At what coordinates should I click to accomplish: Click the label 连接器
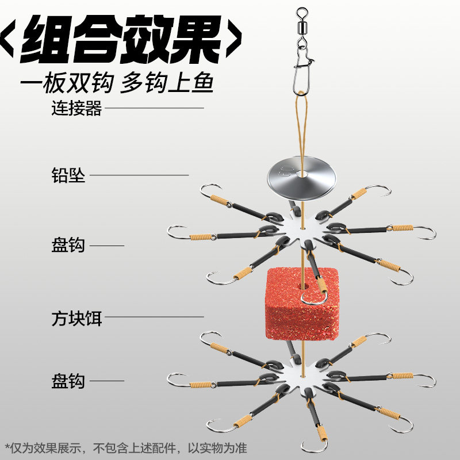point(76,108)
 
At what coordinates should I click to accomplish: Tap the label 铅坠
point(68,175)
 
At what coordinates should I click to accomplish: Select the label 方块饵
point(76,317)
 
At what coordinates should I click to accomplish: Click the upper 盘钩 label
point(68,246)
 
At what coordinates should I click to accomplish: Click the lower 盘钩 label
point(68,380)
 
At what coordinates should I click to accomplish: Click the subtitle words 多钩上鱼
point(167,83)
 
